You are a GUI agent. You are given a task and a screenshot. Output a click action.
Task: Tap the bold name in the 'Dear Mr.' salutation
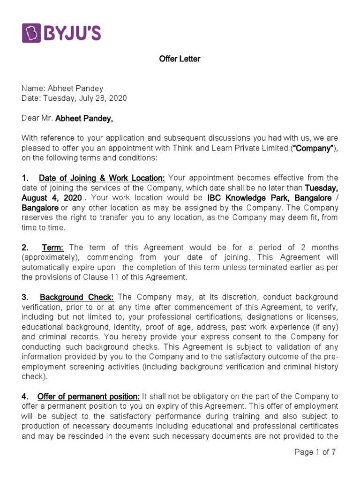[84, 119]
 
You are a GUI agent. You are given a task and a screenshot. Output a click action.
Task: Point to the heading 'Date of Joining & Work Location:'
[102, 178]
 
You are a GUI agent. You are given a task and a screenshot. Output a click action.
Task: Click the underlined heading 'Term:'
[53, 247]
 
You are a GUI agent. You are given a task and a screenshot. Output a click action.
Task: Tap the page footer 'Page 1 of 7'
[315, 452]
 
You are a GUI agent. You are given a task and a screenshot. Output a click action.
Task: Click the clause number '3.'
[25, 297]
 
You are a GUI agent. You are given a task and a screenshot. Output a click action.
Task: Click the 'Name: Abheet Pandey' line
[62, 89]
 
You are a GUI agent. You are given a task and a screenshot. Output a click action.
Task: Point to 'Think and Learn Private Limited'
[220, 148]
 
